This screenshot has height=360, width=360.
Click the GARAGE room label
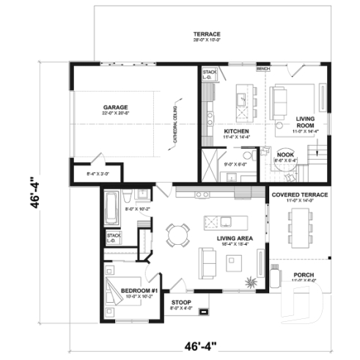pyautogui.click(x=116, y=108)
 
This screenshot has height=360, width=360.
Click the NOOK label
pyautogui.click(x=284, y=154)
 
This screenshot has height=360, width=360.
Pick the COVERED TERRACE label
pyautogui.click(x=299, y=196)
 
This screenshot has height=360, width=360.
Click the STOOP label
pyautogui.click(x=181, y=302)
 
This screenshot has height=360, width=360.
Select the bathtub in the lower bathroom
pyautogui.click(x=111, y=207)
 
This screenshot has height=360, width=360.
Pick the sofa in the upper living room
pyautogui.click(x=281, y=102)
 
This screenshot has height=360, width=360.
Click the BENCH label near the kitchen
pyautogui.click(x=262, y=68)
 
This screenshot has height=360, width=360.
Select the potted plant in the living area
pyautogui.click(x=253, y=281)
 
